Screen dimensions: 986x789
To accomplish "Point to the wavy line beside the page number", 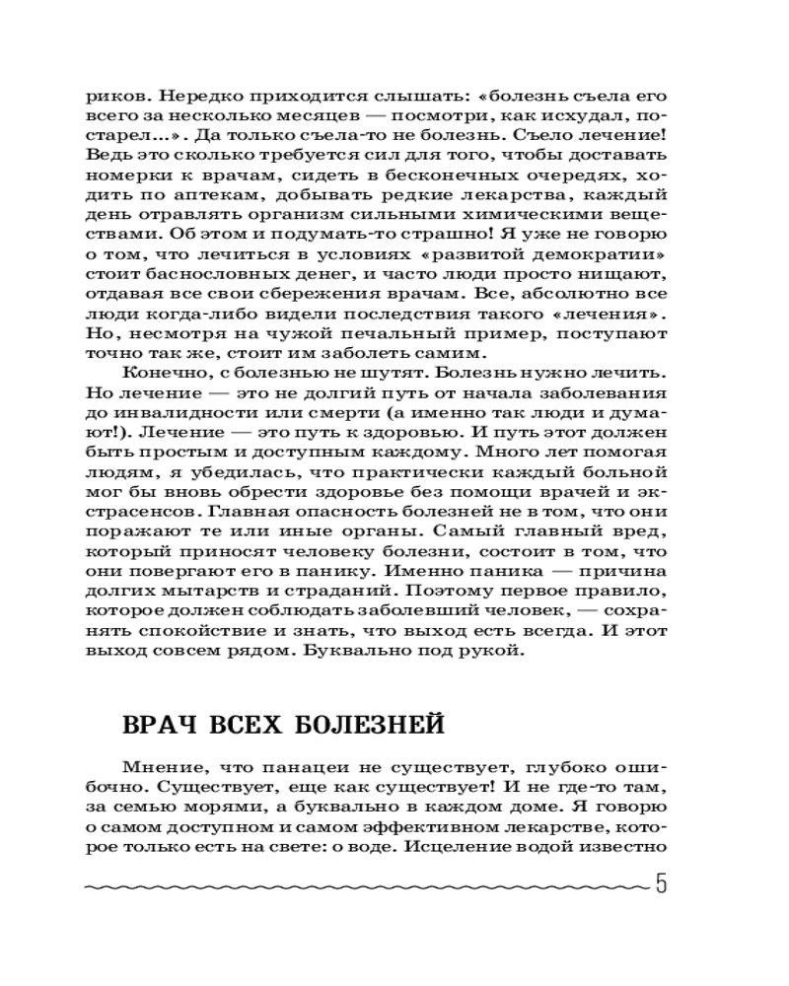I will click(365, 886).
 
